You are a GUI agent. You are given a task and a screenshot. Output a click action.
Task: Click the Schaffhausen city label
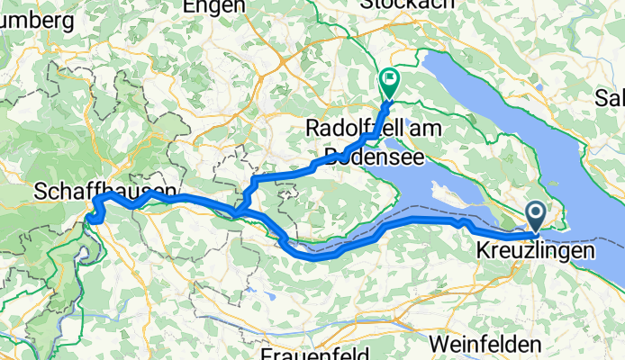[x=94, y=190]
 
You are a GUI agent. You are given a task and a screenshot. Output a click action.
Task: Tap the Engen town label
[x=213, y=6]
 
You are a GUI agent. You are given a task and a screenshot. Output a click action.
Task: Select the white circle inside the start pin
[x=536, y=212]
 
